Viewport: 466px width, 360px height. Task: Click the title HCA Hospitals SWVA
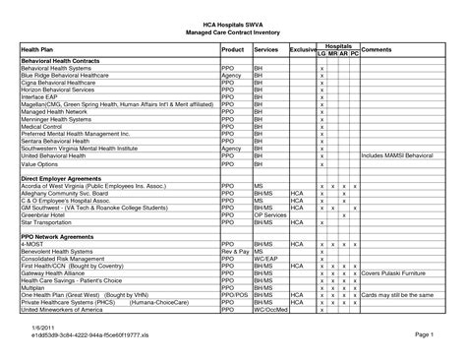(x=232, y=20)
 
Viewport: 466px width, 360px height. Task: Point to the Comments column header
(x=378, y=48)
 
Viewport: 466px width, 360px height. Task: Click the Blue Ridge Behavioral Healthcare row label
(x=68, y=76)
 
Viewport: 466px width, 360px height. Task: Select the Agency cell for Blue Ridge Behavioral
(x=232, y=76)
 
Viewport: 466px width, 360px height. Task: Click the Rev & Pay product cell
(x=235, y=251)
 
